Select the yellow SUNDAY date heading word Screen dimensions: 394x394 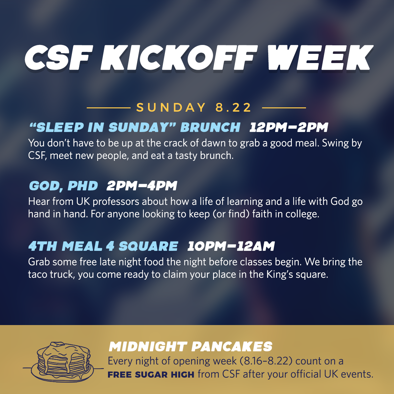[x=171, y=107]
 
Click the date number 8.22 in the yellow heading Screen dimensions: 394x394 [x=233, y=107]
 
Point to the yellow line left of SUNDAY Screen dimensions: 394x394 [x=109, y=108]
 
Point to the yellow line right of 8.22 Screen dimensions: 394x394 [x=284, y=108]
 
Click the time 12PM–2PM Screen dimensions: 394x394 [x=289, y=127]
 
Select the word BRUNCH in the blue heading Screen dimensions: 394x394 [x=210, y=127]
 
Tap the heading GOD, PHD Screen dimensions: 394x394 [x=63, y=186]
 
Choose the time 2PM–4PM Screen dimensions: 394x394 [x=142, y=186]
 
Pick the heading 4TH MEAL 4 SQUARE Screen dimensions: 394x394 [x=103, y=246]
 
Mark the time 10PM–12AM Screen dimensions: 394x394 [x=231, y=246]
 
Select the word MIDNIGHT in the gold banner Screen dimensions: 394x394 [x=148, y=347]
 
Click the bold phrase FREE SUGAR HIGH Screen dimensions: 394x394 [x=151, y=375]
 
